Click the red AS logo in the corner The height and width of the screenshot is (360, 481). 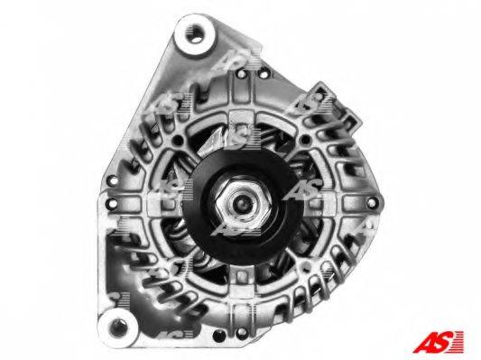click(x=438, y=342)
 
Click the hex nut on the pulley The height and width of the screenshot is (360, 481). click(x=243, y=201)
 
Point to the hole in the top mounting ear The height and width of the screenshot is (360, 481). click(x=194, y=35)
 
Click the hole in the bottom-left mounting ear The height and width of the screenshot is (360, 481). click(x=118, y=327)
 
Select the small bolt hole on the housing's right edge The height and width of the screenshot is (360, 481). click(x=371, y=202)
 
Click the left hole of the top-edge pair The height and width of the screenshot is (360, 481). click(x=242, y=73)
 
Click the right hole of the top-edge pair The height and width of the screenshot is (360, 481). click(x=263, y=74)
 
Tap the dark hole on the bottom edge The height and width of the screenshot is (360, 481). click(x=219, y=336)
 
